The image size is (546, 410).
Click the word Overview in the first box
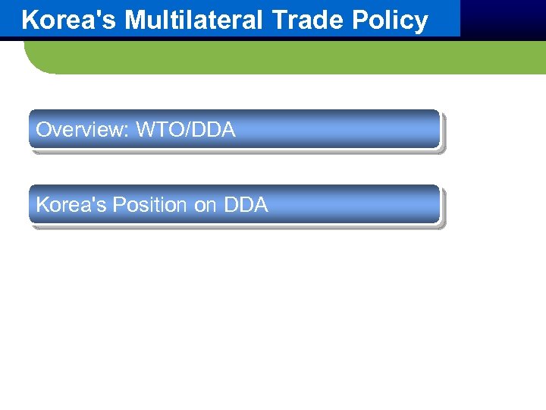point(81,130)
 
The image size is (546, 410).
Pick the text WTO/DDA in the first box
point(186,130)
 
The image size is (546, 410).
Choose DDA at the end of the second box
point(246,205)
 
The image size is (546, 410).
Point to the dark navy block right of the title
point(502,18)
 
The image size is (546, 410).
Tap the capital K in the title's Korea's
point(30,20)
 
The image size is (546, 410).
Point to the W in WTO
point(145,130)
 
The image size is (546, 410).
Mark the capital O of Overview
point(43,130)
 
